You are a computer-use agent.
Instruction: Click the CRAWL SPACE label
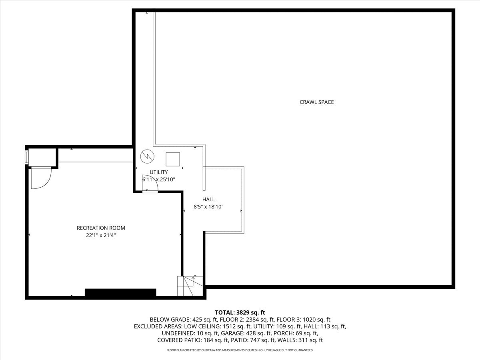[316, 102]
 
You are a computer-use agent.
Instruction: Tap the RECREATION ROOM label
[101, 228]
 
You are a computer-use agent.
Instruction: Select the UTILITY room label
[159, 172]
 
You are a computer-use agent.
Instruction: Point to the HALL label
[208, 199]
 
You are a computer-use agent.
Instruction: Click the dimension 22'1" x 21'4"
[101, 236]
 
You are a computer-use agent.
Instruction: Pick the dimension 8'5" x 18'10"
[208, 207]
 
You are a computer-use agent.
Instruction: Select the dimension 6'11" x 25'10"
[159, 180]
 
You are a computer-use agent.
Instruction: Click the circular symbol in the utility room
[147, 157]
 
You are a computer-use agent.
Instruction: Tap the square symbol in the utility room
[173, 159]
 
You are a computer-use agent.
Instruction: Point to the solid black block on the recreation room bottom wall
[120, 293]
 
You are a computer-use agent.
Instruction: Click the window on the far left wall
[27, 157]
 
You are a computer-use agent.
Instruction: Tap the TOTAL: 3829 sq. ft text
[240, 312]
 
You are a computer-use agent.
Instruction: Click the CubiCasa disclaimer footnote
[240, 350]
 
